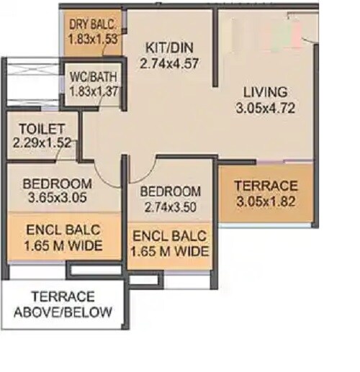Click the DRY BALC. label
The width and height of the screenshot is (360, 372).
coord(93,23)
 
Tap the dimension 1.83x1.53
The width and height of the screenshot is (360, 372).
coord(93,38)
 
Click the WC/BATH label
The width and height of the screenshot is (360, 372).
coord(94,76)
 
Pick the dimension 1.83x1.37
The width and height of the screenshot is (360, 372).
coord(94,91)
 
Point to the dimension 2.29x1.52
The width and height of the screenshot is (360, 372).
coord(42,142)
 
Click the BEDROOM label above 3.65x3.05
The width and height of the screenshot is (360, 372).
coord(55,183)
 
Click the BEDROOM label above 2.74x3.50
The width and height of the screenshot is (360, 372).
coord(170,191)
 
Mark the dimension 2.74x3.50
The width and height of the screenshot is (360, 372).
coord(170,207)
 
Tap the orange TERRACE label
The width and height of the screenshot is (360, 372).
coord(266,185)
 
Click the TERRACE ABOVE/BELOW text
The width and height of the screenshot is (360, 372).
coord(63,304)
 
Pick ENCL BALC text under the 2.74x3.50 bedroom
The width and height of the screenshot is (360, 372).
coord(169,236)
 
